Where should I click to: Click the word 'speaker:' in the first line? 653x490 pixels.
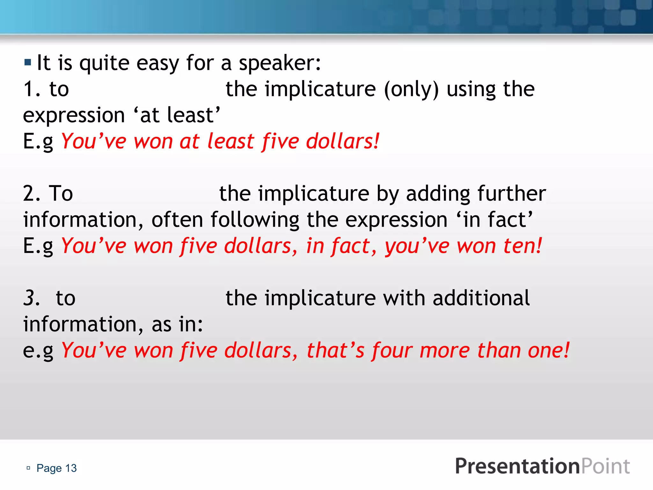(x=280, y=63)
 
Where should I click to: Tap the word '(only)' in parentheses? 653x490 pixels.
(x=411, y=89)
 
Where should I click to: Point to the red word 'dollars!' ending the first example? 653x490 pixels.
(x=343, y=141)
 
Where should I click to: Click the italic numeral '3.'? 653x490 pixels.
(x=32, y=298)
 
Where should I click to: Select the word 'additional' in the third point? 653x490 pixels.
(x=481, y=298)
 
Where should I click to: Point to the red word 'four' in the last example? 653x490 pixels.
(x=392, y=351)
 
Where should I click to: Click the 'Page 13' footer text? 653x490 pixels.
(x=56, y=468)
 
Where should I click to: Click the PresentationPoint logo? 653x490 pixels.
(x=542, y=466)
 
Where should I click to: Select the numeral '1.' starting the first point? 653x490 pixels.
(x=32, y=89)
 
